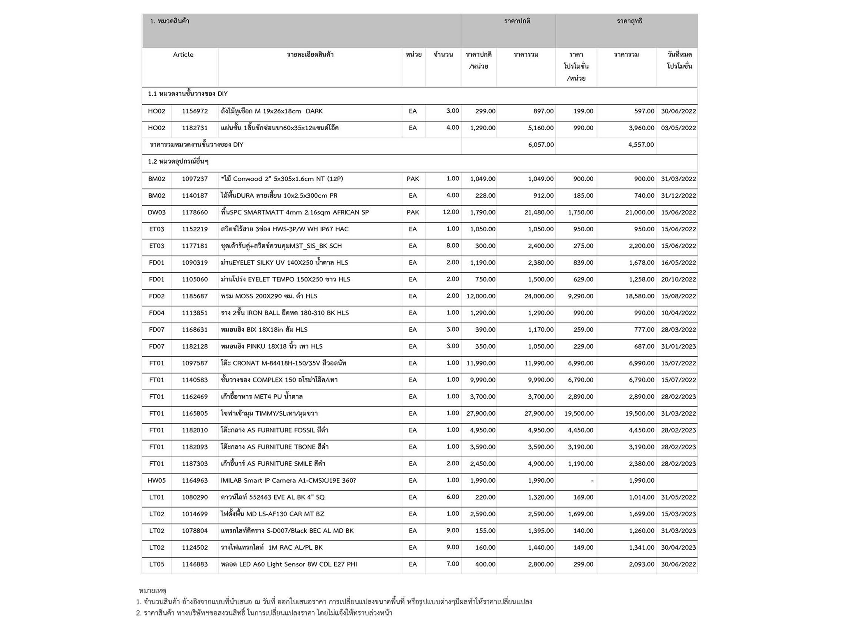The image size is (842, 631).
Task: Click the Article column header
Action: click(183, 55)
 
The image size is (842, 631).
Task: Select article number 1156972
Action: click(195, 111)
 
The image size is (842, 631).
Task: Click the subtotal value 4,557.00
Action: click(641, 145)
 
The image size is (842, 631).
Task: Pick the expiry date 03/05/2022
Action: click(678, 128)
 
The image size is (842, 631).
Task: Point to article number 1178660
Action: click(195, 212)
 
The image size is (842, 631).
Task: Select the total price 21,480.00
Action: click(539, 212)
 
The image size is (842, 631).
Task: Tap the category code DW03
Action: click(157, 212)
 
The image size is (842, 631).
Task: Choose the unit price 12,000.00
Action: click(481, 296)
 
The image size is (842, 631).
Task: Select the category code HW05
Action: click(157, 481)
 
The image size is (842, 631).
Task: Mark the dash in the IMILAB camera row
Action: click(592, 481)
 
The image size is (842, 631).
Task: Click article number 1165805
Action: click(195, 414)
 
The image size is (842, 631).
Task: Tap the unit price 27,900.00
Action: click(481, 414)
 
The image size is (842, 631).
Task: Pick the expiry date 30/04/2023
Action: click(678, 548)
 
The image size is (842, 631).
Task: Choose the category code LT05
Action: click(157, 564)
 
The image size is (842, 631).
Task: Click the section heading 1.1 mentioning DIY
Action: click(188, 94)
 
